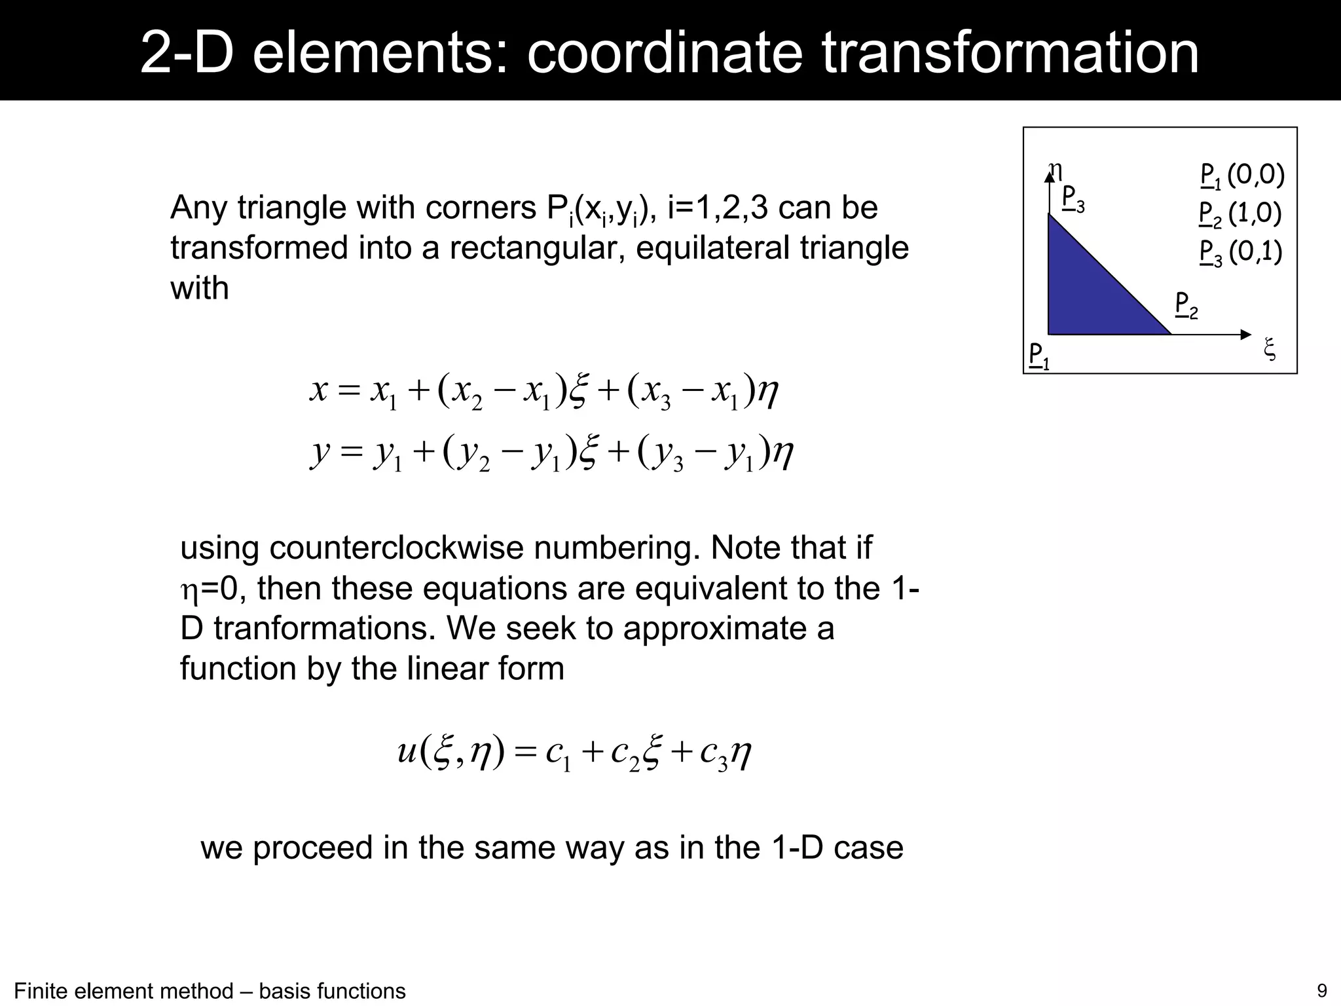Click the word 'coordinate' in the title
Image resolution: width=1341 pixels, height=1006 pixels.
click(x=665, y=52)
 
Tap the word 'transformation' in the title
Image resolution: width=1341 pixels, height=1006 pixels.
click(x=1010, y=52)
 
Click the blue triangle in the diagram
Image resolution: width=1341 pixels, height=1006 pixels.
click(x=1087, y=295)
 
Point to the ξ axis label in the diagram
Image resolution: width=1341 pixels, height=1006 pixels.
click(x=1269, y=348)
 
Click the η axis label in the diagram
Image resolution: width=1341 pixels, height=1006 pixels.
click(x=1055, y=170)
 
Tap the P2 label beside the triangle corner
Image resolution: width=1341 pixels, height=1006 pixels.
click(x=1186, y=305)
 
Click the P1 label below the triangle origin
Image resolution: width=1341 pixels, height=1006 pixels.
click(x=1038, y=356)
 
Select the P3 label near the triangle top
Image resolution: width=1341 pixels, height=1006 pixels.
click(x=1073, y=198)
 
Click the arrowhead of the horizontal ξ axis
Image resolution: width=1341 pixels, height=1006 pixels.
click(x=1246, y=335)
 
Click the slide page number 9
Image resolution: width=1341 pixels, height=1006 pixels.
click(x=1322, y=990)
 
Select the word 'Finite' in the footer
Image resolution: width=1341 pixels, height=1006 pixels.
click(x=40, y=991)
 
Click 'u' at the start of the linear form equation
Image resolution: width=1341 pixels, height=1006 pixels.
click(x=407, y=751)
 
